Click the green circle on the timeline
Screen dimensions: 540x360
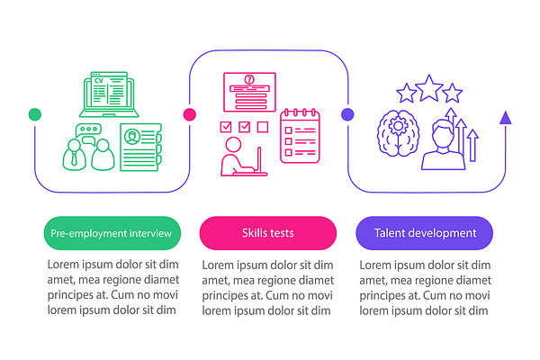click(35, 114)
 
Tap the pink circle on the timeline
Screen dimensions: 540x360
click(189, 114)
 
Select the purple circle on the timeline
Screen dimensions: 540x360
click(347, 114)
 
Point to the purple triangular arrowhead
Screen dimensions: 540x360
click(505, 118)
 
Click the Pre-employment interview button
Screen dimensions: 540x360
click(112, 233)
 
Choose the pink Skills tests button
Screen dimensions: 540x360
click(268, 233)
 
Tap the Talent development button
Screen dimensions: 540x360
click(424, 233)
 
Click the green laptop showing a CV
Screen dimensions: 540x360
click(109, 94)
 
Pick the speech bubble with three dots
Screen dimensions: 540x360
click(88, 129)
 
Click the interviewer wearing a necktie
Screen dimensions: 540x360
click(74, 154)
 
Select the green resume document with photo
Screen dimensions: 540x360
click(141, 147)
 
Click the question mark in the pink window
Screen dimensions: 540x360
click(249, 80)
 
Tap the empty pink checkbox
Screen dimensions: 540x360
click(263, 127)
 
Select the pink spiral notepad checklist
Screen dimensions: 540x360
click(300, 136)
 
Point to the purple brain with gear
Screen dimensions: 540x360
click(399, 133)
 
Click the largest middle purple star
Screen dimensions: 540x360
click(429, 88)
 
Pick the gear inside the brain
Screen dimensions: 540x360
click(398, 126)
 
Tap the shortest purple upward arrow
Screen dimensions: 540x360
click(473, 146)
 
